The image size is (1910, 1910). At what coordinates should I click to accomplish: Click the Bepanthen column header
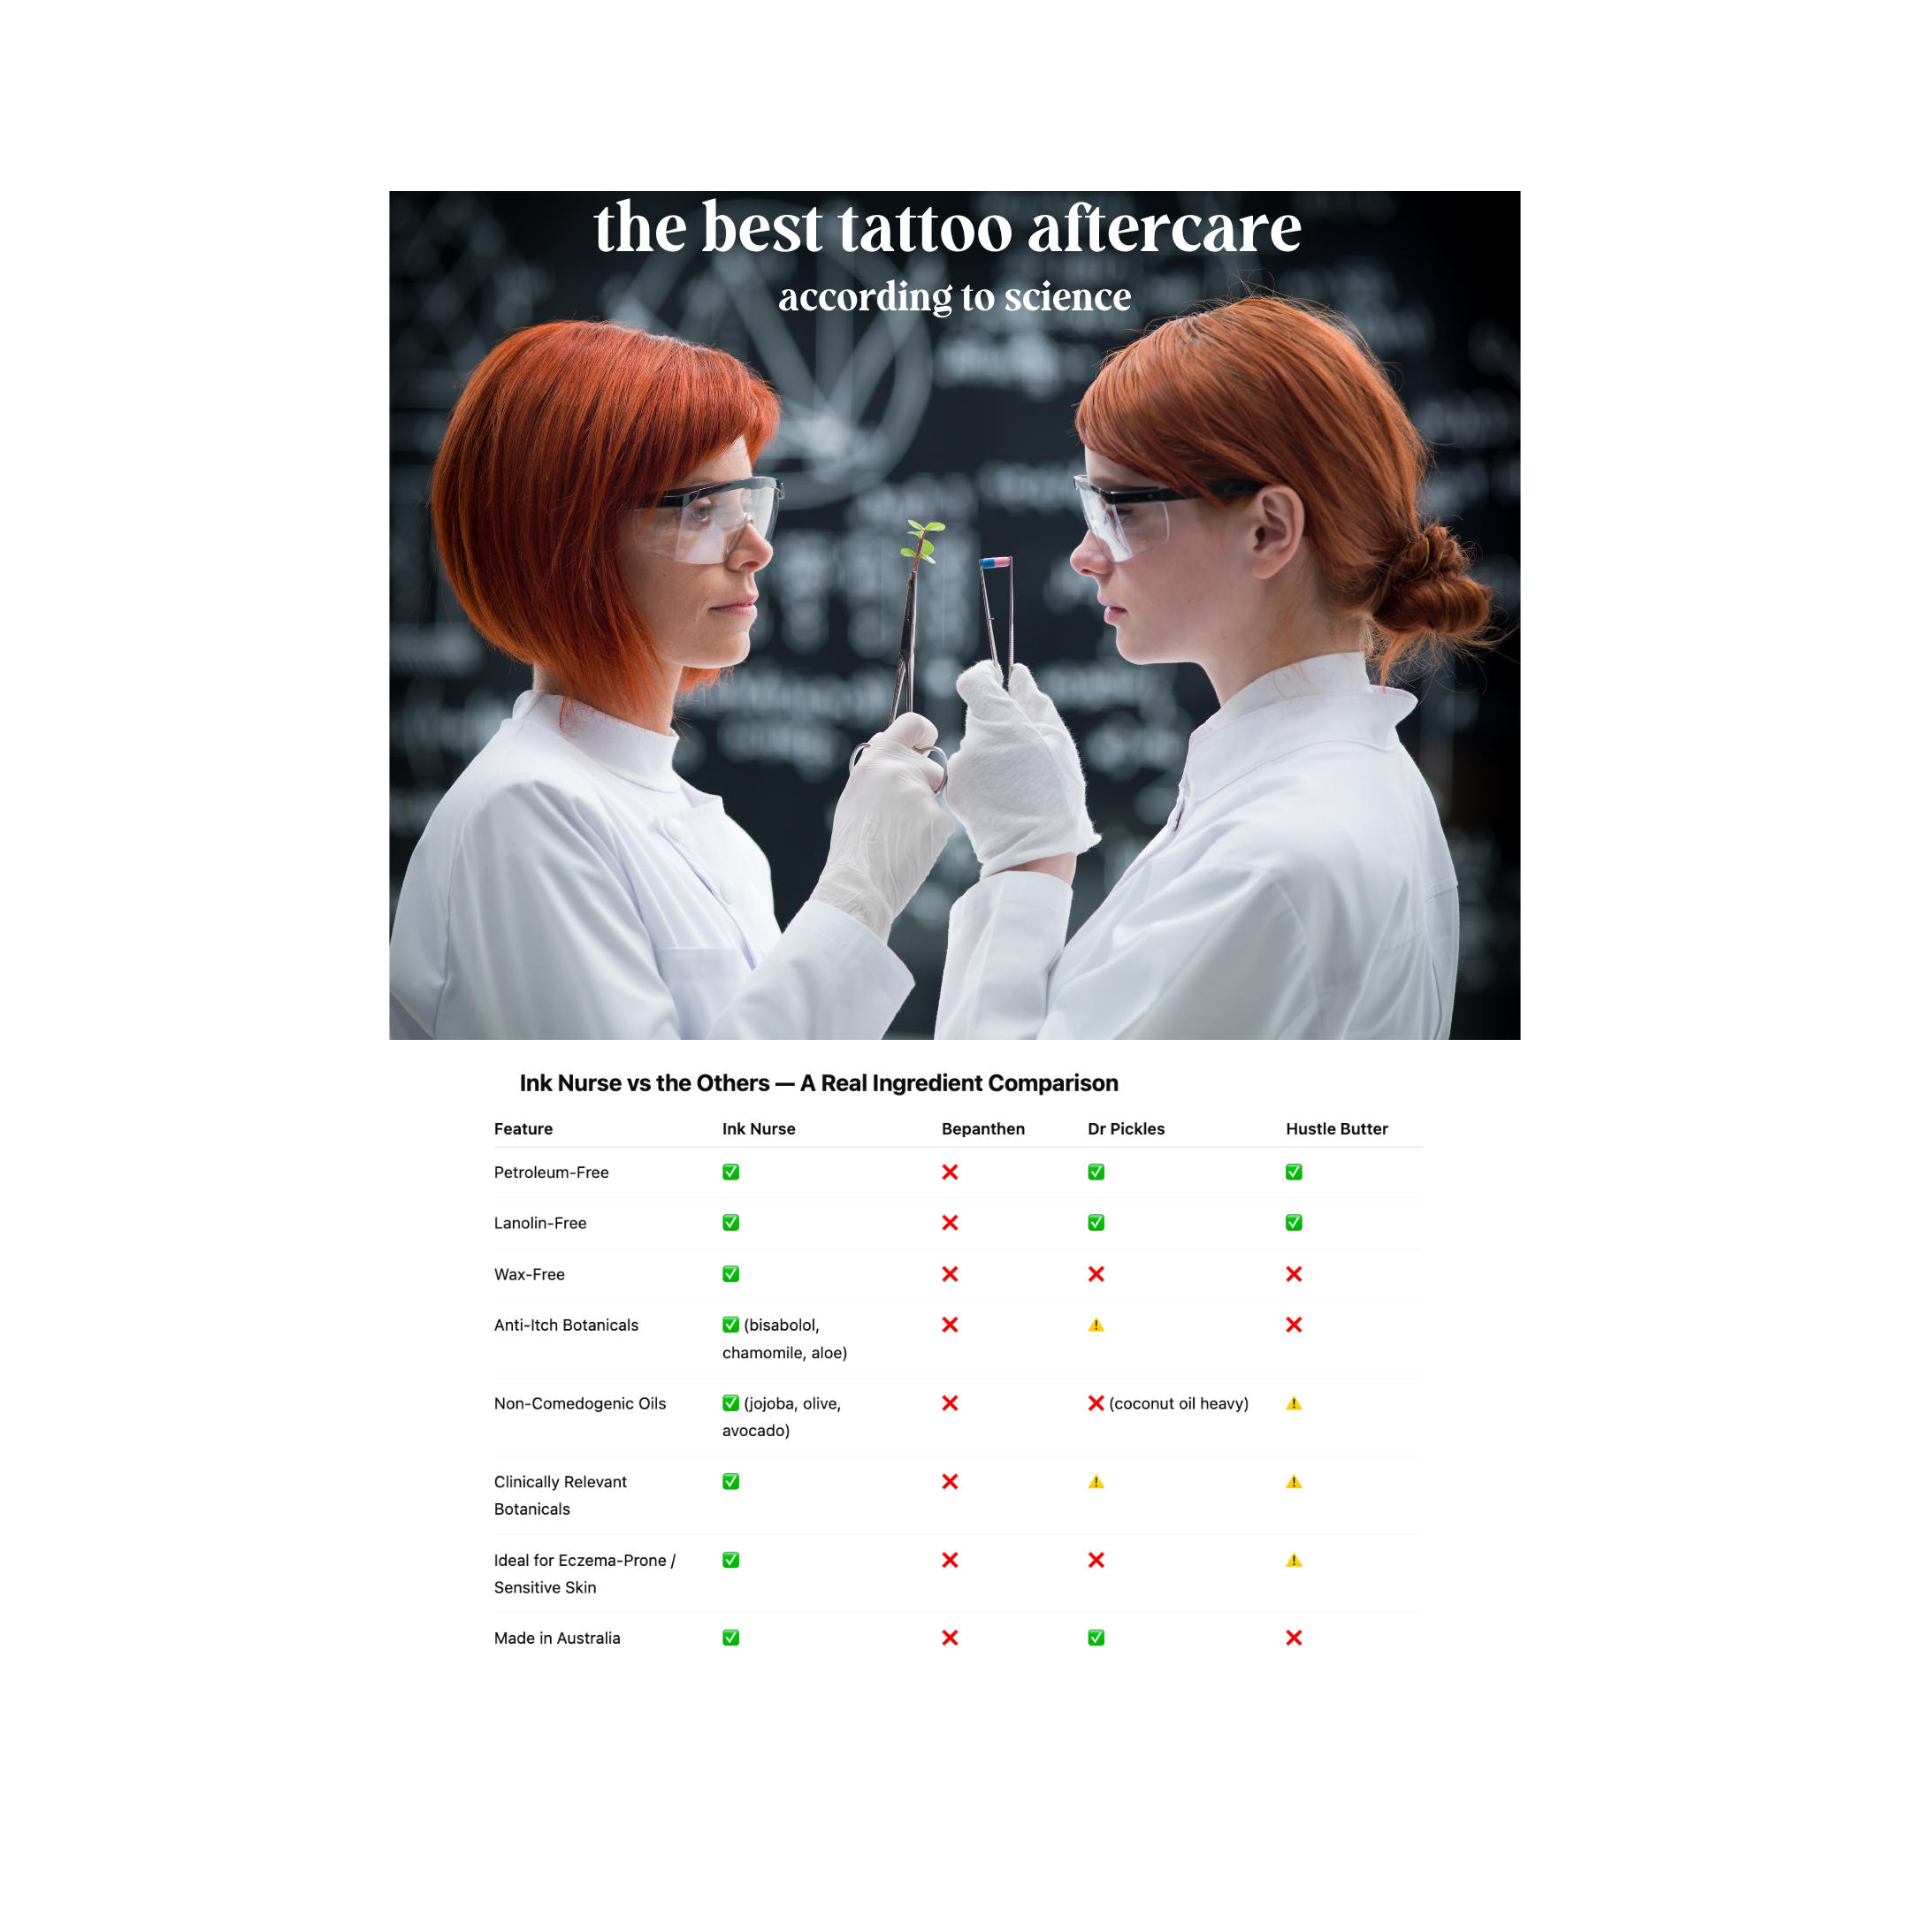click(x=982, y=1129)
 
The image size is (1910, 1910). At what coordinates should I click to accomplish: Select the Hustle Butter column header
click(x=1337, y=1129)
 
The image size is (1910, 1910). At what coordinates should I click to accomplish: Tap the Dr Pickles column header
click(x=1126, y=1129)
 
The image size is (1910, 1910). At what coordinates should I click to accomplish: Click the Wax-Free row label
click(x=529, y=1274)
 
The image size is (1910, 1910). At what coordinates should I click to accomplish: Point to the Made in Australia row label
click(x=556, y=1639)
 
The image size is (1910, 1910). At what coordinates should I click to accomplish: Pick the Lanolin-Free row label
click(x=539, y=1223)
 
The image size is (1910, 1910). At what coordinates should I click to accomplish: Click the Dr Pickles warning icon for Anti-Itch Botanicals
click(x=1096, y=1325)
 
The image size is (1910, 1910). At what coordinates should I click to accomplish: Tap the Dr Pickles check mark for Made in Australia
click(x=1096, y=1639)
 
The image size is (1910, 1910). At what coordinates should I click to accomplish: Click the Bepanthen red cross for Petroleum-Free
click(x=950, y=1173)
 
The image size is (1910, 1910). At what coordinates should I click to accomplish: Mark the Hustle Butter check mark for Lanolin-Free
click(x=1294, y=1223)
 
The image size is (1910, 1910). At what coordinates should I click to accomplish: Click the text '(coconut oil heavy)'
click(x=1179, y=1404)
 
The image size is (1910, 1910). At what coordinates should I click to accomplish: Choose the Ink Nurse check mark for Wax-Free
click(x=730, y=1274)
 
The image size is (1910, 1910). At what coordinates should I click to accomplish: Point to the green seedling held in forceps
click(x=922, y=542)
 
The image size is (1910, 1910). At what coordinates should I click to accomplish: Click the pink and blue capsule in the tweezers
click(x=996, y=562)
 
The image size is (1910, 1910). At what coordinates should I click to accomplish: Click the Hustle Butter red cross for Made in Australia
click(x=1294, y=1639)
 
